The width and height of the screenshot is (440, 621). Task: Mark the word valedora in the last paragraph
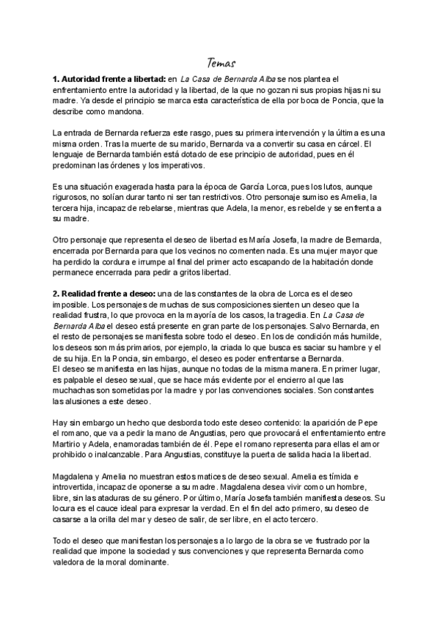[70, 562]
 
